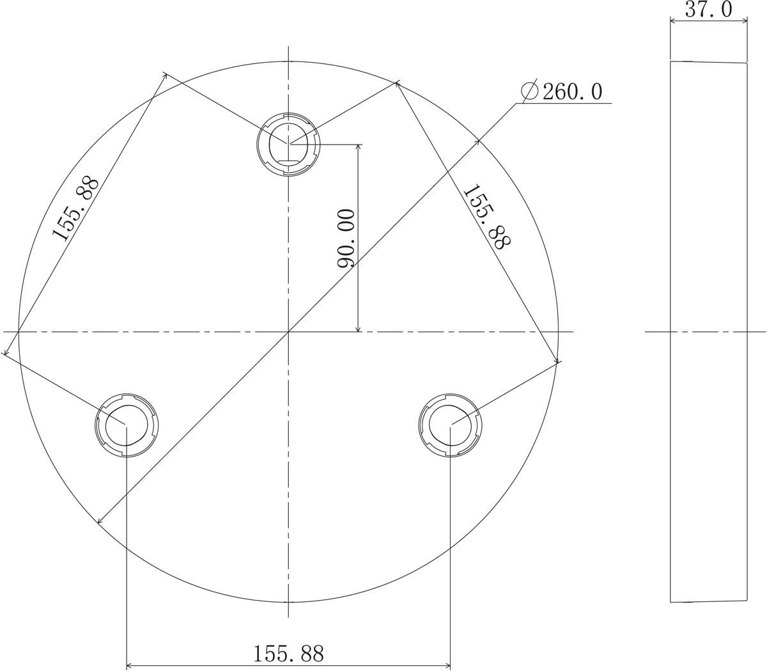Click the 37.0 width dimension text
[x=708, y=10]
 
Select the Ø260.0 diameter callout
[x=562, y=92]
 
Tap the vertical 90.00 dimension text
[x=346, y=239]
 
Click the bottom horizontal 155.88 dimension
[x=288, y=654]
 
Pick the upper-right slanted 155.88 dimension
[x=487, y=217]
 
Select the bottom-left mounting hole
[x=127, y=425]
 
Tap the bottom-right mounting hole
[x=450, y=425]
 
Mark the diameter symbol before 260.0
[x=529, y=92]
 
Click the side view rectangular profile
[x=708, y=332]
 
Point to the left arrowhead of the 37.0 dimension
[x=672, y=20]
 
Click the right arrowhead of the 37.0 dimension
[x=745, y=20]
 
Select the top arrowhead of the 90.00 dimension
[x=358, y=147]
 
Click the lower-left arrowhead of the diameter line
[x=100, y=521]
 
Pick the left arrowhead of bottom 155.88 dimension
[x=130, y=666]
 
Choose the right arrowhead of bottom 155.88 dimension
[x=447, y=666]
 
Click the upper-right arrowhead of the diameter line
[x=477, y=140]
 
